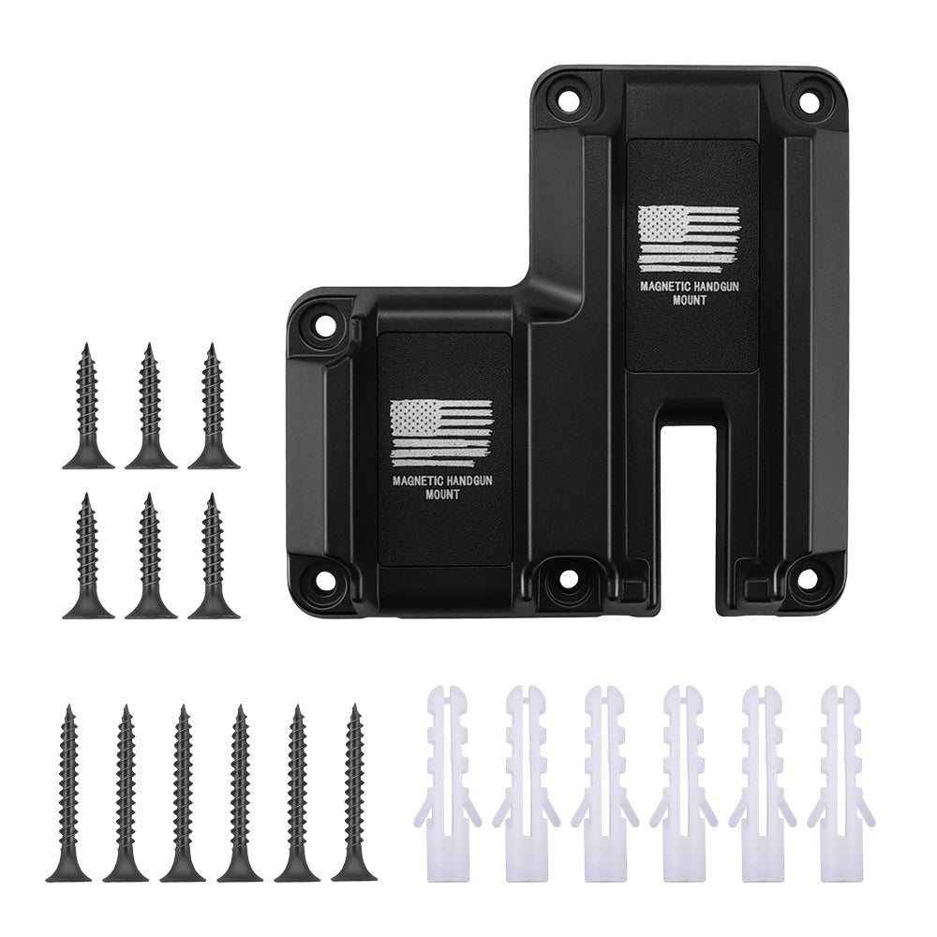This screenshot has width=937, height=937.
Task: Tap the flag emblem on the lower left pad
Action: pyautogui.click(x=440, y=433)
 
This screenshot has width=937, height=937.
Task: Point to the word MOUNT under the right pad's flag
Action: pyautogui.click(x=690, y=301)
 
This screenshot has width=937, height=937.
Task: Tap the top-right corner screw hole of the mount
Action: pyautogui.click(x=808, y=97)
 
